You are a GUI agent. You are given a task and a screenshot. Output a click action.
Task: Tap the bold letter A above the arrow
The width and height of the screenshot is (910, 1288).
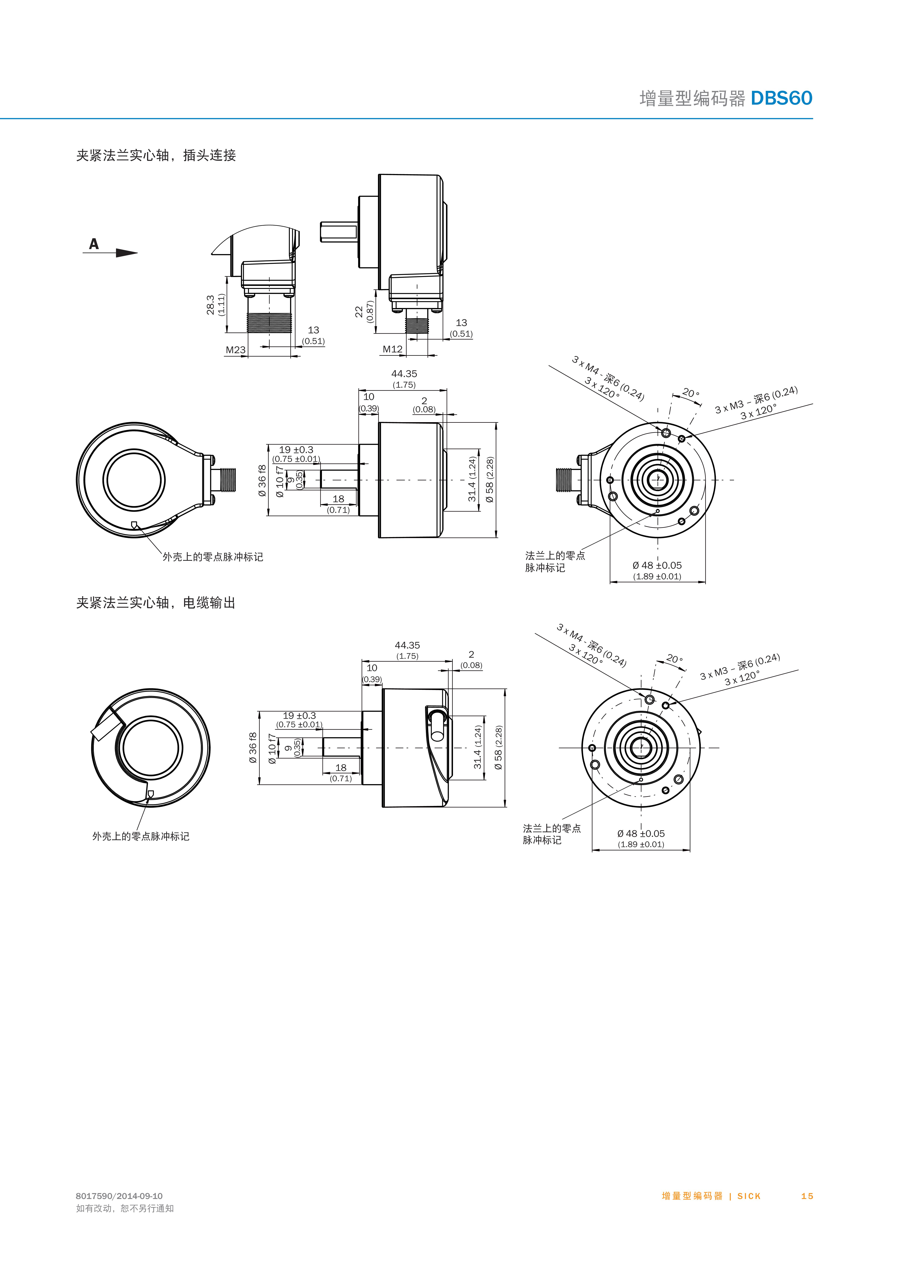point(94,244)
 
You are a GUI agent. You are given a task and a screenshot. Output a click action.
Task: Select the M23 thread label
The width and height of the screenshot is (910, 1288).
point(236,350)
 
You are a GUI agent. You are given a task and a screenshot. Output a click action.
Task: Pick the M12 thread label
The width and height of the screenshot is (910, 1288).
point(393,349)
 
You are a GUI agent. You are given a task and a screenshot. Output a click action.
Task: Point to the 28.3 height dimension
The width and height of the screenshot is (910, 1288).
point(210,305)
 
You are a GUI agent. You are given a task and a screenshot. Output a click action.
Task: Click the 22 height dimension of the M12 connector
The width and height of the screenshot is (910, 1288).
point(359,312)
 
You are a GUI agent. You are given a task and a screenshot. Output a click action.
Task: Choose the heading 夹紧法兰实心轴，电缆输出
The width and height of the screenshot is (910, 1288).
point(156,603)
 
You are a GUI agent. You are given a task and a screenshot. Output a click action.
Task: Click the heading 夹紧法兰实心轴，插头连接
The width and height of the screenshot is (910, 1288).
point(156,155)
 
